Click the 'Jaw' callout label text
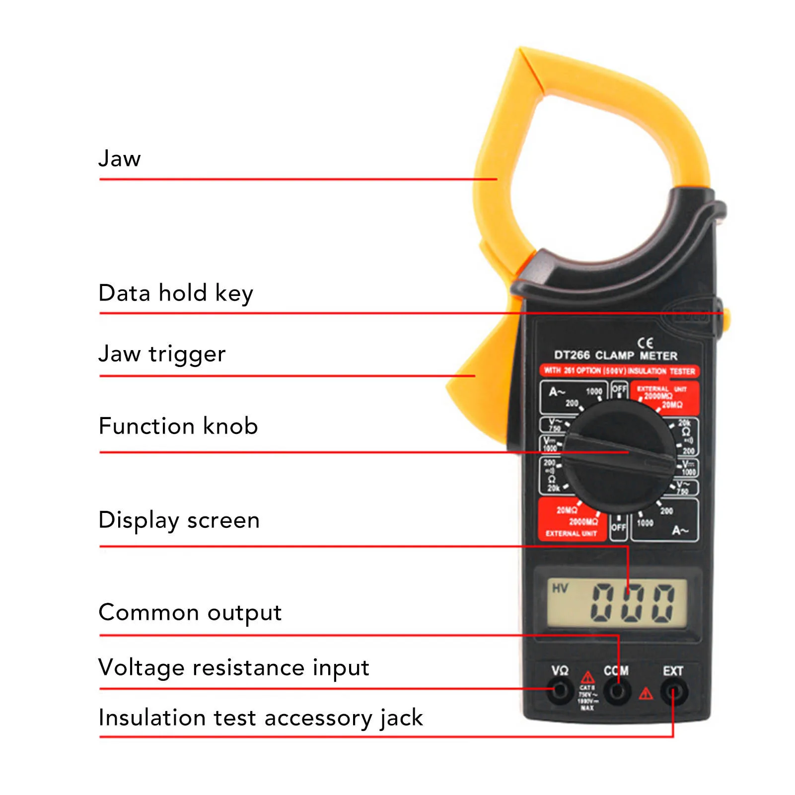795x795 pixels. [x=119, y=159]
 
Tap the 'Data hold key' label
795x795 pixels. [x=176, y=293]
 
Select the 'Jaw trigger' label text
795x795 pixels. [x=162, y=354]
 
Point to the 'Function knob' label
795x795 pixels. [x=178, y=426]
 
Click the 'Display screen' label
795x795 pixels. [x=179, y=520]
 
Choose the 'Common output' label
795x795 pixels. [x=190, y=612]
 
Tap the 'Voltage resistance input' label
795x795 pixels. [x=233, y=667]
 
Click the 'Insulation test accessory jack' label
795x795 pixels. [x=260, y=718]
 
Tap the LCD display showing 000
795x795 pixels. [x=617, y=603]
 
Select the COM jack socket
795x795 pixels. [x=617, y=691]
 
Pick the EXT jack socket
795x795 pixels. [x=673, y=691]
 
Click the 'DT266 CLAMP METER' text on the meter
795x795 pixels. [x=616, y=356]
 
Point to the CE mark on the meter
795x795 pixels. [x=645, y=343]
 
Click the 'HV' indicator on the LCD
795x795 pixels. [x=560, y=588]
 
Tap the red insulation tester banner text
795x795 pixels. [x=619, y=371]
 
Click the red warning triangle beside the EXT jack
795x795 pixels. [x=646, y=693]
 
